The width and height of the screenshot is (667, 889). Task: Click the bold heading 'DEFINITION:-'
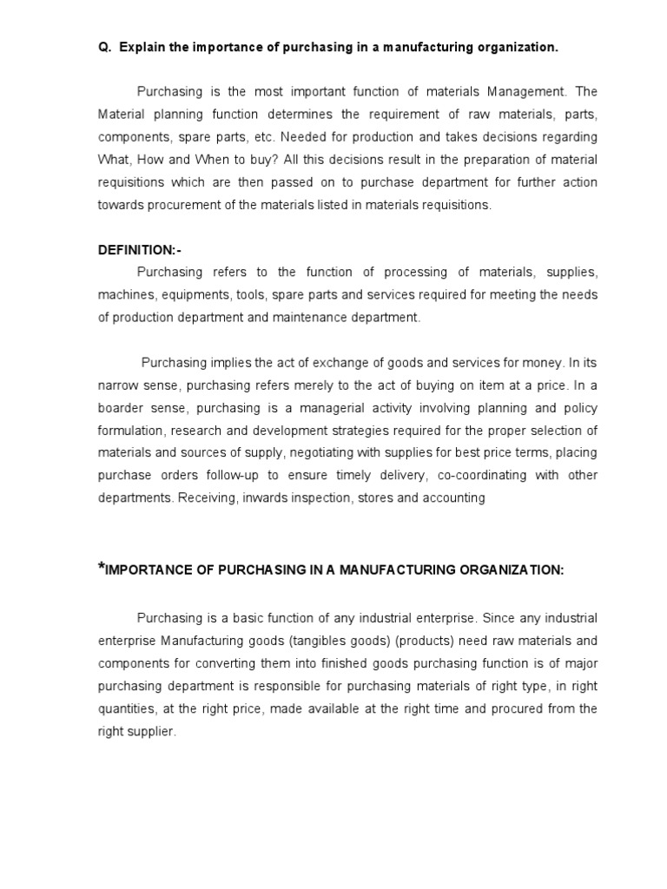tap(139, 250)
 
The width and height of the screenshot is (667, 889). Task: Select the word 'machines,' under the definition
tap(123, 295)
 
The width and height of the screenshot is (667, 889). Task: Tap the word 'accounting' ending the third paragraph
tap(454, 498)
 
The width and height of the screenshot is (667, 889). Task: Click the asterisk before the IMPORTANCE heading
tap(101, 568)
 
